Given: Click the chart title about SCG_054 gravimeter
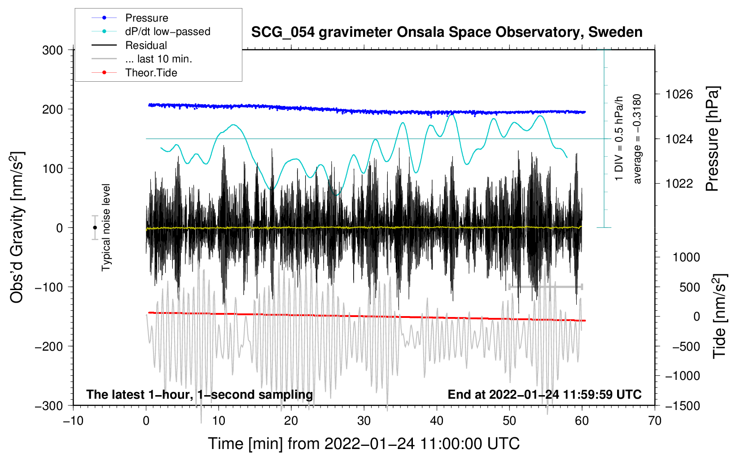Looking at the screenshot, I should coord(447,32).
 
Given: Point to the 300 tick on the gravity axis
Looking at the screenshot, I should coord(53,50).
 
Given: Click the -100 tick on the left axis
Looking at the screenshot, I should coord(49,287).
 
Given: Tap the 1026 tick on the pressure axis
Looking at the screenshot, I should coord(679,94).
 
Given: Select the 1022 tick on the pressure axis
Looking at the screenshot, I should coord(679,184).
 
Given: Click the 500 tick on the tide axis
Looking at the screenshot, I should coord(689,287).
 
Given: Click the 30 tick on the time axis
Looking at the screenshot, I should coord(364,421).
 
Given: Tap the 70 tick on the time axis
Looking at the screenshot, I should coord(655,421).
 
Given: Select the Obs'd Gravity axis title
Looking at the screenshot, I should coord(17,228).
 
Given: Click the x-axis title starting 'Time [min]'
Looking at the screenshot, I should coord(364,444).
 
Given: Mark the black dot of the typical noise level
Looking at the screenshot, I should coord(95,228).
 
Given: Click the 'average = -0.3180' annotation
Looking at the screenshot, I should coord(637,139).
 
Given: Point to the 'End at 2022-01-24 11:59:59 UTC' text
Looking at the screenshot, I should coord(544,395).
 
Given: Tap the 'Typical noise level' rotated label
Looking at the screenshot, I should coord(106,228).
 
